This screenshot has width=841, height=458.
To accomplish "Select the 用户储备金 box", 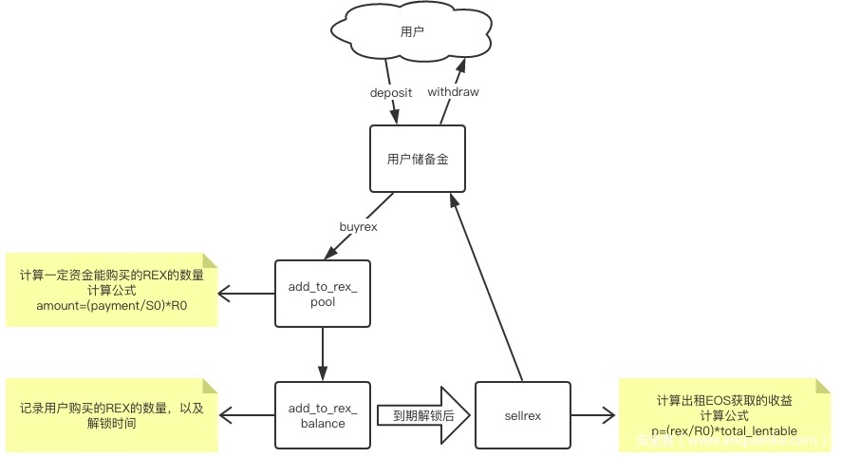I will (417, 159).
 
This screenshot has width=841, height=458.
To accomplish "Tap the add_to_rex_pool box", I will (322, 293).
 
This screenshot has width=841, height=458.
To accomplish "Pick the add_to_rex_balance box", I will (322, 415).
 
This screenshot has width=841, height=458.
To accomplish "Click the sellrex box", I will (522, 415).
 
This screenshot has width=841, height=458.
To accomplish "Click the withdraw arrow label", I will (453, 92).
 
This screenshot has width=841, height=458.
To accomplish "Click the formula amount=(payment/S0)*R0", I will (112, 305).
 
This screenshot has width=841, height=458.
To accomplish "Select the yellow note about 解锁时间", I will (112, 415).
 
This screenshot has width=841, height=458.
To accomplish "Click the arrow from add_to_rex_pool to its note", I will (246, 293).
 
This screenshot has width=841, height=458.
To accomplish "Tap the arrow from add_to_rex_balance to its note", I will (246, 415).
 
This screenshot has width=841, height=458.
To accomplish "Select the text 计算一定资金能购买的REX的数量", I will (112, 276).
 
